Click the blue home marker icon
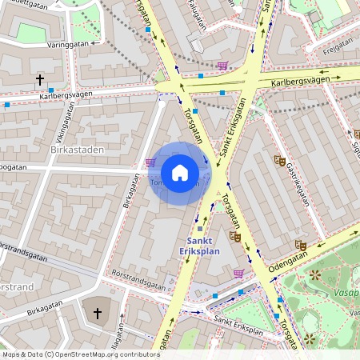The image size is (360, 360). click(180, 172)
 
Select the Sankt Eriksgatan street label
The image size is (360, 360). click(236, 134)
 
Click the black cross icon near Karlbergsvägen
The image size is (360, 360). click(40, 80)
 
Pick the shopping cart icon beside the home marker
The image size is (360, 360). click(150, 162)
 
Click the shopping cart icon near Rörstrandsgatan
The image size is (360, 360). click(238, 273)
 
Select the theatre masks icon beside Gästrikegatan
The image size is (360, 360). click(280, 160)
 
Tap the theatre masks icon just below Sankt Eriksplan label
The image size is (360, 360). click(234, 236)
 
